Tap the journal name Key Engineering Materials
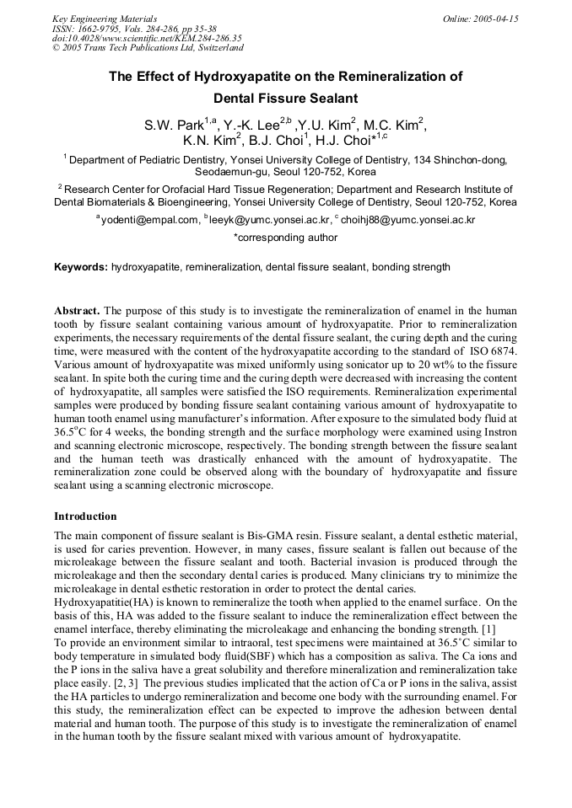105,19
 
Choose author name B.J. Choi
278,141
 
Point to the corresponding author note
285,238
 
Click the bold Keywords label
80,267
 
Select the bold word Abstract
78,310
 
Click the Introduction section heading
85,516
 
